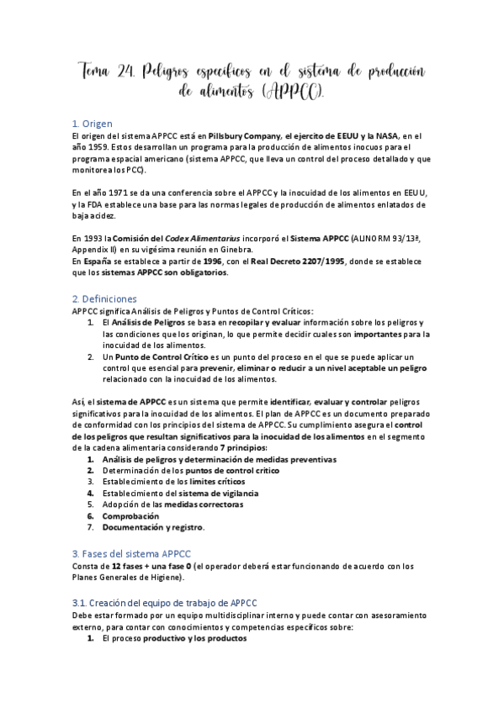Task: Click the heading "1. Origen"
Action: pos(92,123)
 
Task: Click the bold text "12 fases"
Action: pos(126,566)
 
